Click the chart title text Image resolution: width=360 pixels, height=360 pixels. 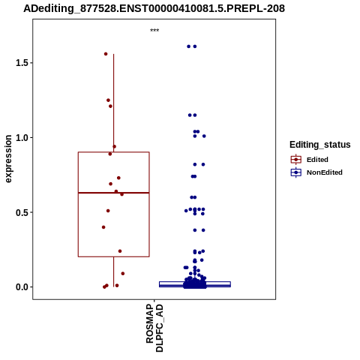[154, 8]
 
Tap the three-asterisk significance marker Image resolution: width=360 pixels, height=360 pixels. [154, 31]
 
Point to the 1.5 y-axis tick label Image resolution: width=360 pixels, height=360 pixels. [21, 63]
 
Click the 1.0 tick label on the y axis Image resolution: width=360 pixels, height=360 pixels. [21, 137]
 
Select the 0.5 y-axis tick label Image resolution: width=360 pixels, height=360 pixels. [21, 212]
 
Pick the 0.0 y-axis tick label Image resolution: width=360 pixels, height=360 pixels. [21, 287]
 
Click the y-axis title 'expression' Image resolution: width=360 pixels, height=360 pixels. [8, 159]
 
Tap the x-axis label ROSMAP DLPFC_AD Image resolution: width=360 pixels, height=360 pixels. [154, 328]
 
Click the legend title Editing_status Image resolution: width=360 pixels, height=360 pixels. [320, 145]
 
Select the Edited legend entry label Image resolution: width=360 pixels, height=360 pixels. [317, 160]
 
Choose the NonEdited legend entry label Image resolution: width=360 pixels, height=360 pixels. [325, 172]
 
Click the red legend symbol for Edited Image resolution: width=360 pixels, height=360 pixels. [296, 160]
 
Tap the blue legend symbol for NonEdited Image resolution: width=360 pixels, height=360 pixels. [296, 172]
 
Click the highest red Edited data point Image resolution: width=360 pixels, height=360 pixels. [106, 54]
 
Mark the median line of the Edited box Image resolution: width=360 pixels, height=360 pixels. [114, 193]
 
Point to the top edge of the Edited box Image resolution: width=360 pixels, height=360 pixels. [114, 152]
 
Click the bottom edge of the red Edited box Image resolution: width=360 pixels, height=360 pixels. [114, 256]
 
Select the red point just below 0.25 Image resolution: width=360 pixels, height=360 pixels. [120, 251]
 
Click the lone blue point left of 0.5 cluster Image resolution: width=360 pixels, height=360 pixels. [186, 211]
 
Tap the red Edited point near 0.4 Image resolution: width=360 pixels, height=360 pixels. [103, 227]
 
